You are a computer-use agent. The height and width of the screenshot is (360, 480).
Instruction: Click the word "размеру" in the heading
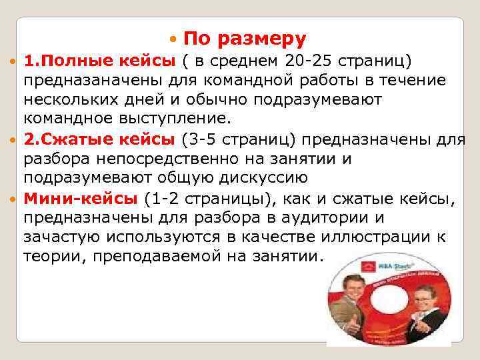(267, 38)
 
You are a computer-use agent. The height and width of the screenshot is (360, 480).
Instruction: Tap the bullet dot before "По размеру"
(174, 39)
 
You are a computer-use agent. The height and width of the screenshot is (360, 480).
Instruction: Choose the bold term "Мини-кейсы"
(81, 197)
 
